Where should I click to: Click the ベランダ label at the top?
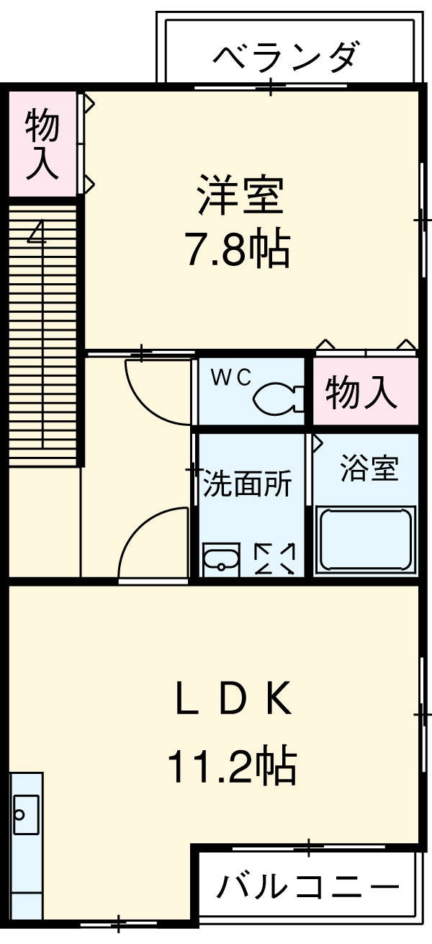click(286, 56)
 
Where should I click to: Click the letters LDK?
click(234, 698)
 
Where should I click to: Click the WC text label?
click(230, 377)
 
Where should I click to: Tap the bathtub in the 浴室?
click(365, 539)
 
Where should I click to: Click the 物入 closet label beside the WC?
click(361, 393)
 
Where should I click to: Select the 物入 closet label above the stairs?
click(42, 144)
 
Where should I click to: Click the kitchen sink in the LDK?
click(26, 814)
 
